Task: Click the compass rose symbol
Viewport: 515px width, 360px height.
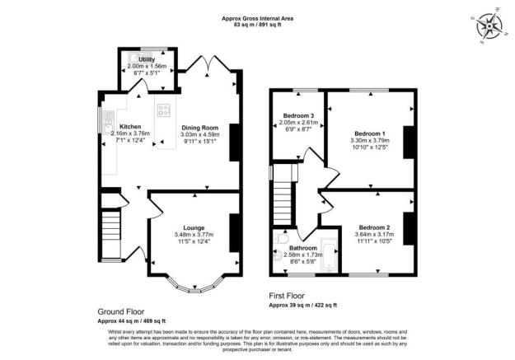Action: [x=489, y=26]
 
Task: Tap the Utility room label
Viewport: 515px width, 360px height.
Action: [x=147, y=60]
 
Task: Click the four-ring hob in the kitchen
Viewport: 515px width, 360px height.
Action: [x=163, y=111]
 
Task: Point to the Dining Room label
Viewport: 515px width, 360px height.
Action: [x=200, y=128]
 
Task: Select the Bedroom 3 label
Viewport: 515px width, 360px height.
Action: [x=297, y=115]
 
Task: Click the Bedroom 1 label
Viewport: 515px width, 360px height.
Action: [x=370, y=133]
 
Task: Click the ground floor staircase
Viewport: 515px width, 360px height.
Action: [x=110, y=236]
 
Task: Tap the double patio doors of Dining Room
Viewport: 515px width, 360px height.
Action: [x=203, y=63]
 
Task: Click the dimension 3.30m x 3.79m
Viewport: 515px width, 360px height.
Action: [x=370, y=141]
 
